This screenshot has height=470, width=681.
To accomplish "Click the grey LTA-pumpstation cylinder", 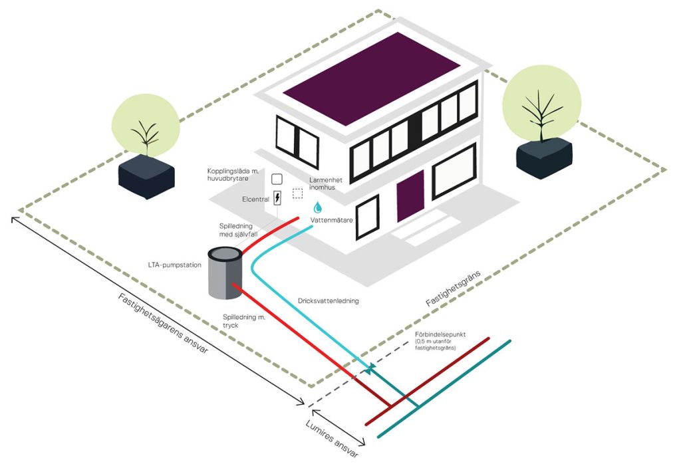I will click(x=224, y=274).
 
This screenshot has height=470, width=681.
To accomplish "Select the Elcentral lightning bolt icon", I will click(x=277, y=198).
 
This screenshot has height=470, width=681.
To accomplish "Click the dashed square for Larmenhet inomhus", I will click(x=297, y=193).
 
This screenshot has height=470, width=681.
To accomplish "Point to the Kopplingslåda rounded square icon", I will click(x=277, y=179).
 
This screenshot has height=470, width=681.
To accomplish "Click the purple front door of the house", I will click(x=410, y=196).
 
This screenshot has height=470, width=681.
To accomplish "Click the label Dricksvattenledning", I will click(x=329, y=301).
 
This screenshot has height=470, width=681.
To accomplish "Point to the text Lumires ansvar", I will click(x=332, y=439).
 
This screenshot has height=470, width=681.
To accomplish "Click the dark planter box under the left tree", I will click(x=147, y=177).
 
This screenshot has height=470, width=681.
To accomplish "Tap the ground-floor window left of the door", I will click(x=367, y=217).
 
